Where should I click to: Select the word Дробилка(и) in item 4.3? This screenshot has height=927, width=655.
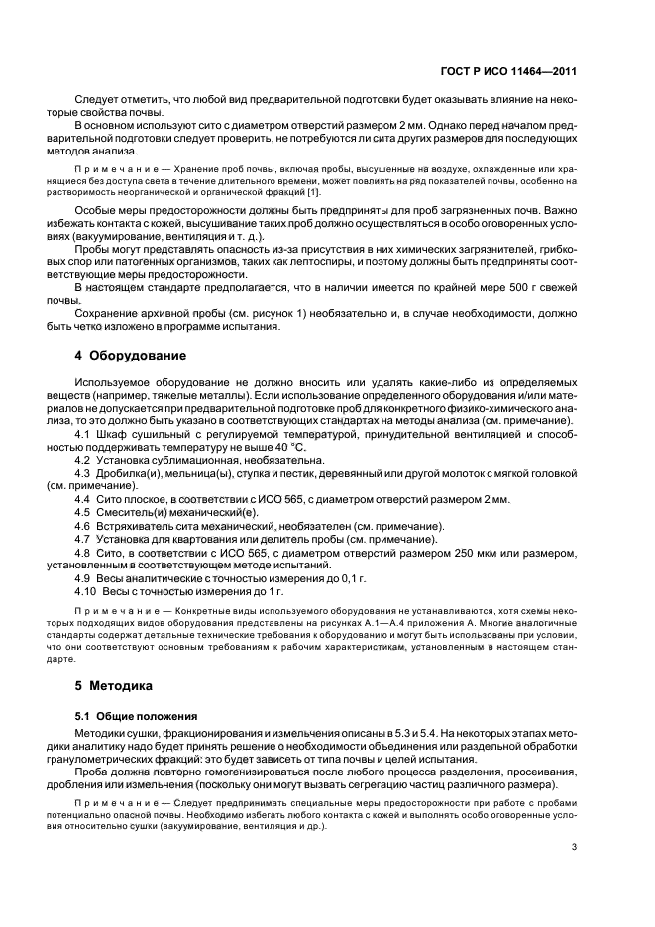pos(128,473)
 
